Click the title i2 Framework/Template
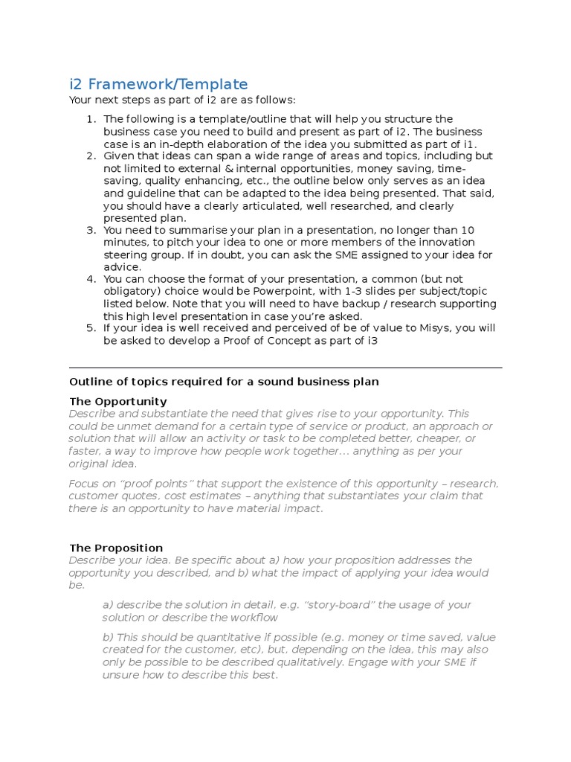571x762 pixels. point(158,84)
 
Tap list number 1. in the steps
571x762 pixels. point(91,119)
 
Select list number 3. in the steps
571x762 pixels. point(91,230)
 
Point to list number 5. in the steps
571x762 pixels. point(91,328)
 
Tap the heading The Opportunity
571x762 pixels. point(118,401)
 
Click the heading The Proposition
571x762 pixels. point(116,548)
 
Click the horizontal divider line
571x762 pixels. point(285,368)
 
